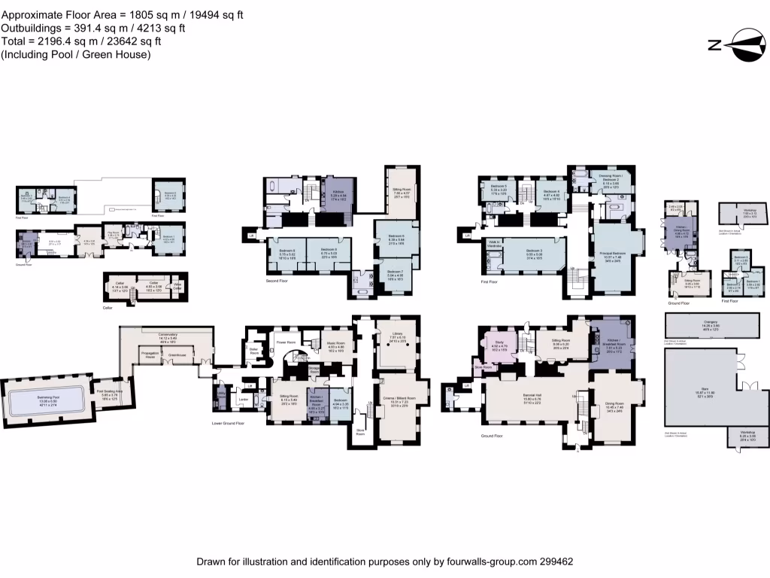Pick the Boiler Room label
coord(254,351)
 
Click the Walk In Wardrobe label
coord(494,244)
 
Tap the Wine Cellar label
coord(178,287)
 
